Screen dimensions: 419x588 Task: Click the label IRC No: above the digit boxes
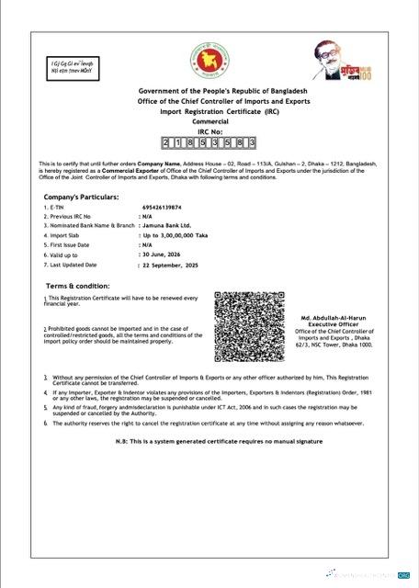209,130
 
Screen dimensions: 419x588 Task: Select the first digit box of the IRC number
166,143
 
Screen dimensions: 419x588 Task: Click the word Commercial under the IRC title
209,121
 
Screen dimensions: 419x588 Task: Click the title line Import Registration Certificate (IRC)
209,110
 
